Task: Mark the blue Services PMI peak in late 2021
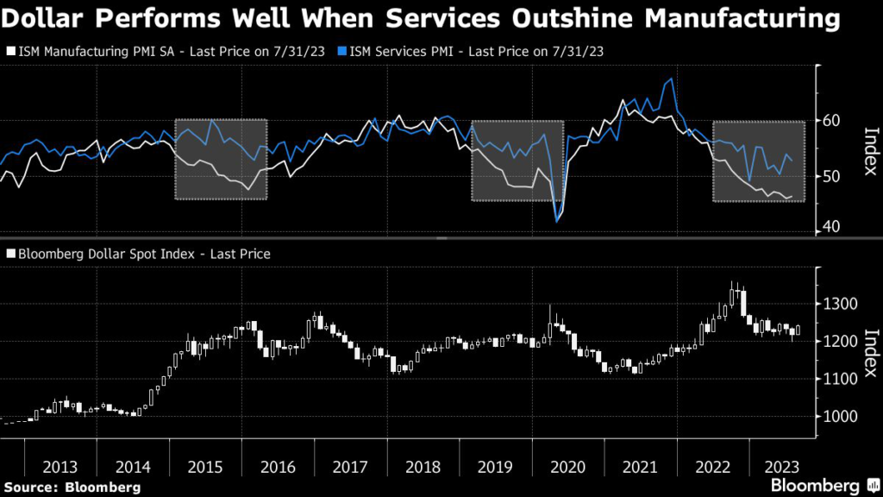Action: [672, 79]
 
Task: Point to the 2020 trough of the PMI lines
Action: [557, 222]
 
